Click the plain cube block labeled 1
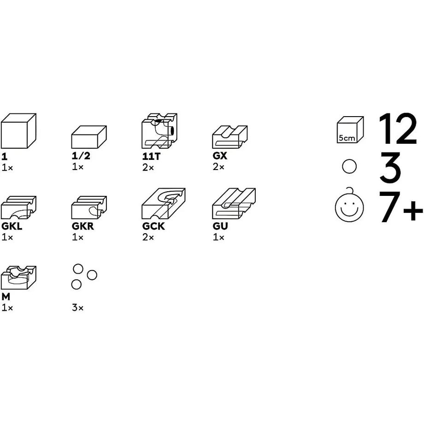(x=18, y=131)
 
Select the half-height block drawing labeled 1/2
(x=89, y=137)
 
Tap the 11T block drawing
(x=159, y=131)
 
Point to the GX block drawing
(x=230, y=137)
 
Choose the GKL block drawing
(x=18, y=207)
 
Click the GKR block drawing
(x=89, y=207)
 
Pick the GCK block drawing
(x=164, y=204)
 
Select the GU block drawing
(x=234, y=204)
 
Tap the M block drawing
(x=18, y=278)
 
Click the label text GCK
(x=153, y=226)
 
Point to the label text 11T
(x=152, y=156)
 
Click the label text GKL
(x=12, y=226)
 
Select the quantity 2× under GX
(x=218, y=167)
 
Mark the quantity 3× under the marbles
(x=77, y=307)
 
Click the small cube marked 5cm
(x=350, y=130)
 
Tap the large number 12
(x=397, y=129)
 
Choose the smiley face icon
(x=349, y=205)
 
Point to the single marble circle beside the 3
(x=349, y=166)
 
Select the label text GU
(x=220, y=226)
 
